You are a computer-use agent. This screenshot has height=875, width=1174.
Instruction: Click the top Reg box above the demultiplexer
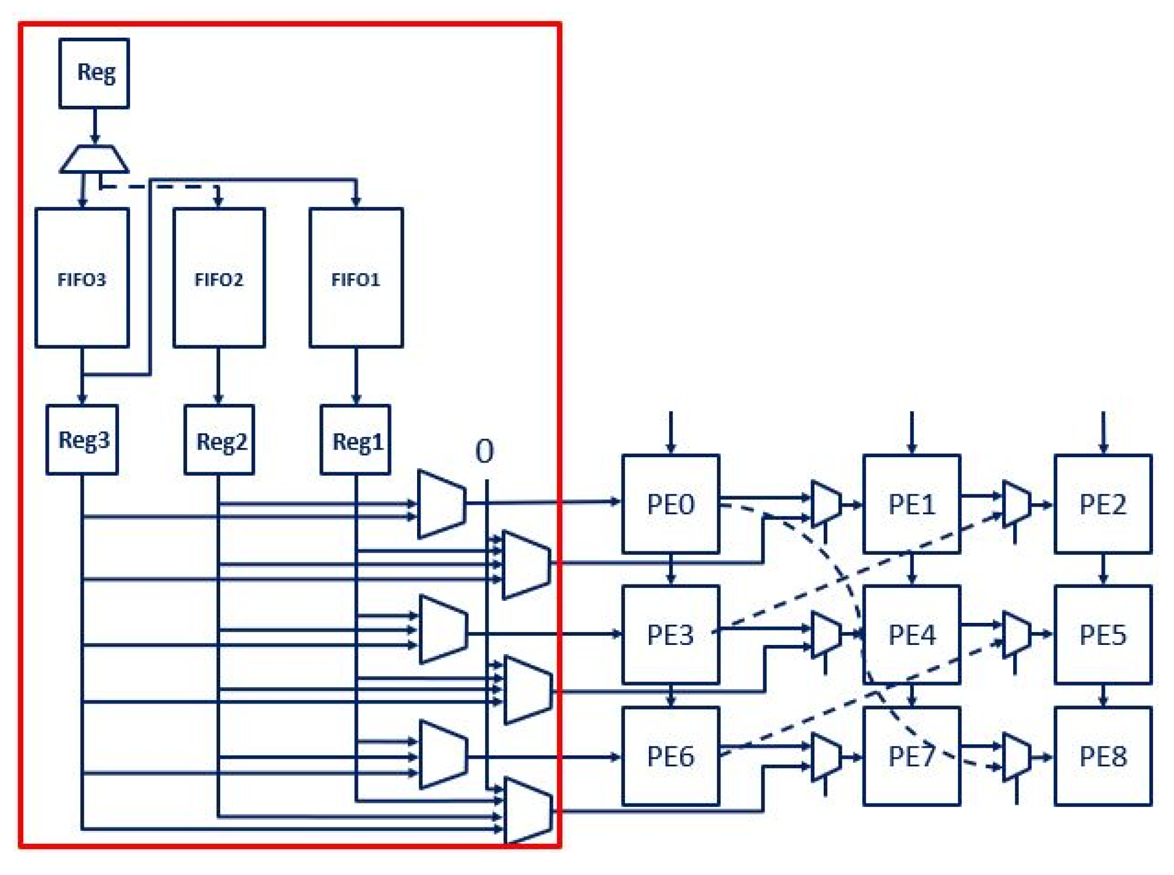[94, 73]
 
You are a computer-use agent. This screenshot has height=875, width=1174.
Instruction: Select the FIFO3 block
[82, 278]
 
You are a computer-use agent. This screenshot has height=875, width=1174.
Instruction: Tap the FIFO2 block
[219, 278]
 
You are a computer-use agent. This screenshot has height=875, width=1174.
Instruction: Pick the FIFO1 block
[356, 278]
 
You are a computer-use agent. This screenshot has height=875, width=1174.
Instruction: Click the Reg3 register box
[82, 440]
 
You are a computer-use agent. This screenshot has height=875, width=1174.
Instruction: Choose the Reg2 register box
[219, 440]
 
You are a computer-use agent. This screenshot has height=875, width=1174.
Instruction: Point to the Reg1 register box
[356, 440]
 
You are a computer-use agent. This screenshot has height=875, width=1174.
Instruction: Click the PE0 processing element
[670, 504]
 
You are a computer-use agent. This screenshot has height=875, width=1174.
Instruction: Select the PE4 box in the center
[911, 634]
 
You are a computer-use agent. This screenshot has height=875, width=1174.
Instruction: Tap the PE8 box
[1103, 756]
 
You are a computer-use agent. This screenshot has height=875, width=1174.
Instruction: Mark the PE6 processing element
[670, 756]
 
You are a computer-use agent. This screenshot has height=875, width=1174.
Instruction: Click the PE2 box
[1103, 504]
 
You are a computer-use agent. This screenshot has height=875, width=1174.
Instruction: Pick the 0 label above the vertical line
[484, 451]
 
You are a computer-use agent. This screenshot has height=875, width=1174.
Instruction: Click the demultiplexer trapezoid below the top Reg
[94, 159]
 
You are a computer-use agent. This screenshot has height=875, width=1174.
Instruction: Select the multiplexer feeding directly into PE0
[441, 504]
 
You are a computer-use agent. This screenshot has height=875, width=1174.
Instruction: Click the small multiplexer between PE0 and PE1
[825, 504]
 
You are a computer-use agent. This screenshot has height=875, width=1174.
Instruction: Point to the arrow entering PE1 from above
[911, 433]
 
